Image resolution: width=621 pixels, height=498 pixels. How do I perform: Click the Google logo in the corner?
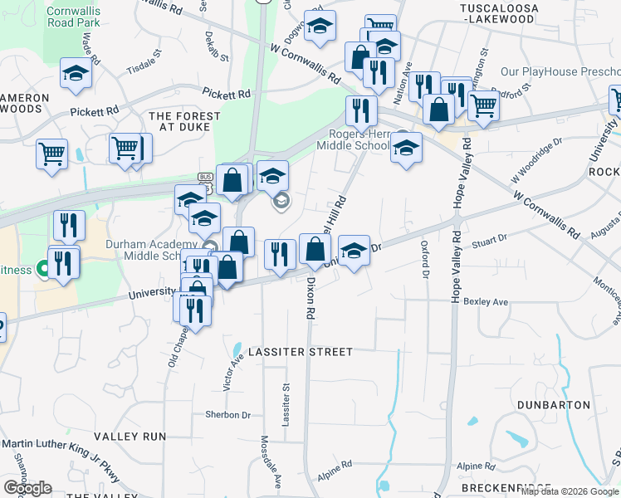tap(27, 488)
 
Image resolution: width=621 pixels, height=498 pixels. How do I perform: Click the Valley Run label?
tap(130, 436)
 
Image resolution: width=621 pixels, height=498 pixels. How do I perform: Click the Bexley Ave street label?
tap(486, 301)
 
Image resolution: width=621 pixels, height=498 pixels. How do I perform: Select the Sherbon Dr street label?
tap(227, 414)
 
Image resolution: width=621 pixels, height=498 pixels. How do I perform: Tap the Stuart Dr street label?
tap(489, 240)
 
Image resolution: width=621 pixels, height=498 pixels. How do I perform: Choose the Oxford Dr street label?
tap(425, 260)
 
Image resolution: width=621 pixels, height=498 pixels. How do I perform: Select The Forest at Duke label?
tap(184, 123)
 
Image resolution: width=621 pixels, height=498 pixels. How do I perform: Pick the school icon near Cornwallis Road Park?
tap(76, 74)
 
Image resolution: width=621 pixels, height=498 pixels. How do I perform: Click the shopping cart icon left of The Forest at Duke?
tap(51, 154)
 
